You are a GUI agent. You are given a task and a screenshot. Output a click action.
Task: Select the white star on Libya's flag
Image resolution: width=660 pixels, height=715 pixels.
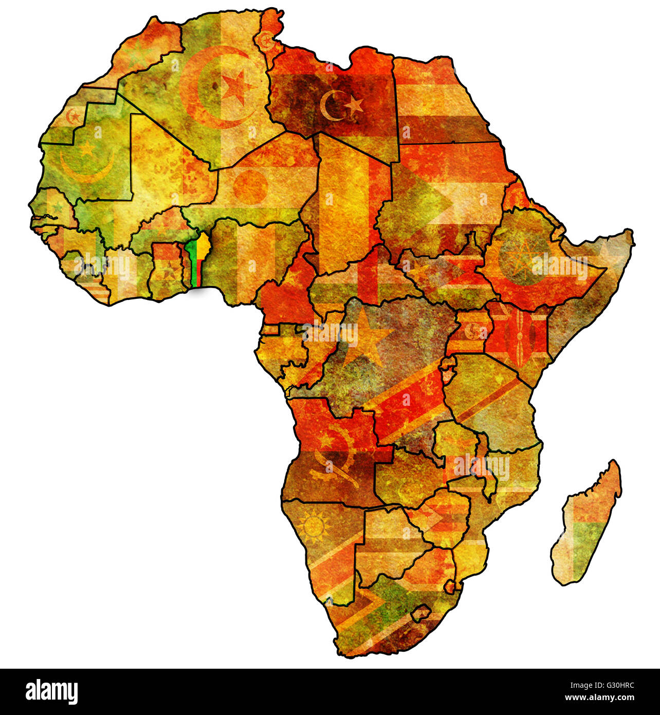(x=354, y=106)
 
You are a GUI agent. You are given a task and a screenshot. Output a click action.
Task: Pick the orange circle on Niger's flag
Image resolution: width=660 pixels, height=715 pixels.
(x=250, y=186)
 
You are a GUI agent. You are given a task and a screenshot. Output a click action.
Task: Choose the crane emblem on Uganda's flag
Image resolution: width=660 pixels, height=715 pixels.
(x=471, y=332)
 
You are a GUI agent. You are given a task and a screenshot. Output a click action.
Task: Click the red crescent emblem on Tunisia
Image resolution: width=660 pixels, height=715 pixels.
(x=266, y=41)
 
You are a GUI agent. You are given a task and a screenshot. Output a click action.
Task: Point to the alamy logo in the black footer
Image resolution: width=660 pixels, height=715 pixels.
(x=51, y=691)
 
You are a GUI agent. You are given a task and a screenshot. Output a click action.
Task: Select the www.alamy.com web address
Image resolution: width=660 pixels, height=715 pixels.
(x=599, y=698)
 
